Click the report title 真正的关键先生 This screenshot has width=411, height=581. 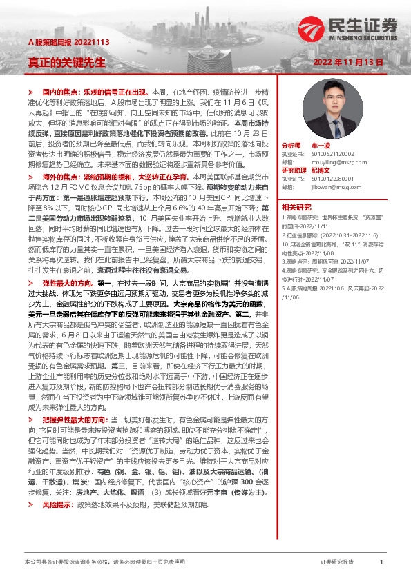coord(67,61)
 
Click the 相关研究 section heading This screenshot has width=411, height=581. coord(296,206)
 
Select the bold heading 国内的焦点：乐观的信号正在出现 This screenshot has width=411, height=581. coord(95,92)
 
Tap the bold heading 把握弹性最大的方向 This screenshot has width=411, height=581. coord(75,419)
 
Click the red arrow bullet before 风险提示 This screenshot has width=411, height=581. coord(30,504)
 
